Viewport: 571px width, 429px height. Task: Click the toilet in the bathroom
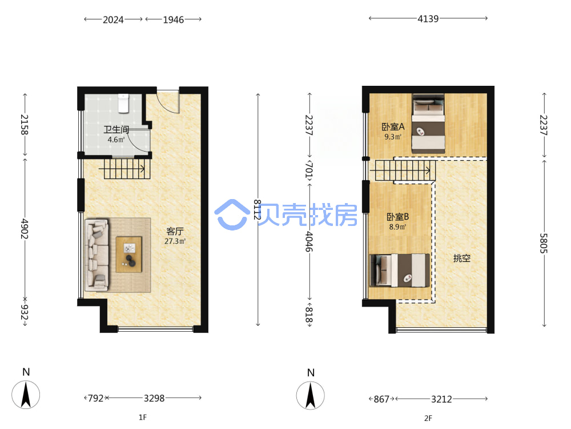(123, 103)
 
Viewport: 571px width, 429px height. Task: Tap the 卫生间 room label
(116, 129)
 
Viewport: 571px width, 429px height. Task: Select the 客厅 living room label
(175, 231)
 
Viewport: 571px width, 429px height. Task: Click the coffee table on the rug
(129, 255)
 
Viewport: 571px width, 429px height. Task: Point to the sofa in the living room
(97, 255)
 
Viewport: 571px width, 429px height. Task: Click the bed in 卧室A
(428, 124)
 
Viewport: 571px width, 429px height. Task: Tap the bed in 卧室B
(400, 271)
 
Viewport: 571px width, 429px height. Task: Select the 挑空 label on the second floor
(462, 259)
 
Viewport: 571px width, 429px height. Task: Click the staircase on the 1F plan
(124, 168)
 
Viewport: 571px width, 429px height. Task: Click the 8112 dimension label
(258, 209)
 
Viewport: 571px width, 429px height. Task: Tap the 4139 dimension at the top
(428, 19)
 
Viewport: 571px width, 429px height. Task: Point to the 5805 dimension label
(544, 243)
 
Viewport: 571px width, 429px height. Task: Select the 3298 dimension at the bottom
(154, 398)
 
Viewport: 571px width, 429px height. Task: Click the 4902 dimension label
(25, 229)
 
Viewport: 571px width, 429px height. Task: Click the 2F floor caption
(428, 418)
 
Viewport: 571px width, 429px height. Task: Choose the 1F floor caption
(143, 417)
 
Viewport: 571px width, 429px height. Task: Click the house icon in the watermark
(232, 214)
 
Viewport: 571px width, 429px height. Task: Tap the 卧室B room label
(397, 217)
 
